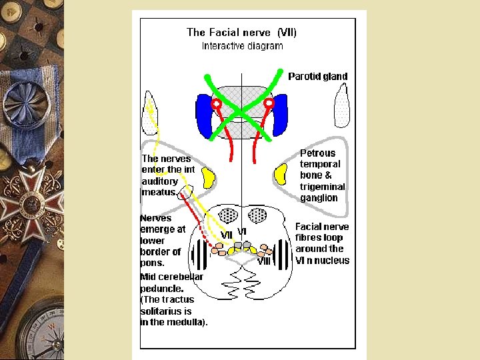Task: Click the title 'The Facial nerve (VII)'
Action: [241, 32]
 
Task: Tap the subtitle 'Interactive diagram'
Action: [242, 46]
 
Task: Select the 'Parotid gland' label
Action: [317, 77]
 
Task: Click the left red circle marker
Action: [216, 104]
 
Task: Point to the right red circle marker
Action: [269, 104]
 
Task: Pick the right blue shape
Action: [280, 115]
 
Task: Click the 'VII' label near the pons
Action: [226, 235]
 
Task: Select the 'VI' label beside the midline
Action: [242, 232]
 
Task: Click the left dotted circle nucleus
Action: [228, 216]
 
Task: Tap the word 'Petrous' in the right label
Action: [317, 153]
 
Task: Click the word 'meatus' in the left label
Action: [158, 193]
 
